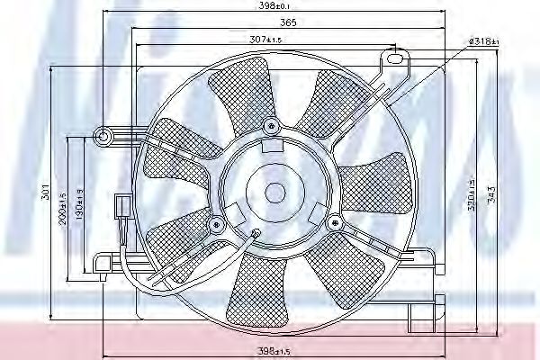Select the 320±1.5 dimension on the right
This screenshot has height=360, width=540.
pyautogui.click(x=471, y=190)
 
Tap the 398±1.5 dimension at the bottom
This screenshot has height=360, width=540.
pyautogui.click(x=273, y=349)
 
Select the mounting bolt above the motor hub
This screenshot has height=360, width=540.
pyautogui.click(x=271, y=124)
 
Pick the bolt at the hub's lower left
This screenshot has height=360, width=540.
pyautogui.click(x=216, y=222)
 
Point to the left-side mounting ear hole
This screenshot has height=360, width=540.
pyautogui.click(x=103, y=138)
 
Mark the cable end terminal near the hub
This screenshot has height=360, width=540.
pyautogui.click(x=255, y=237)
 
